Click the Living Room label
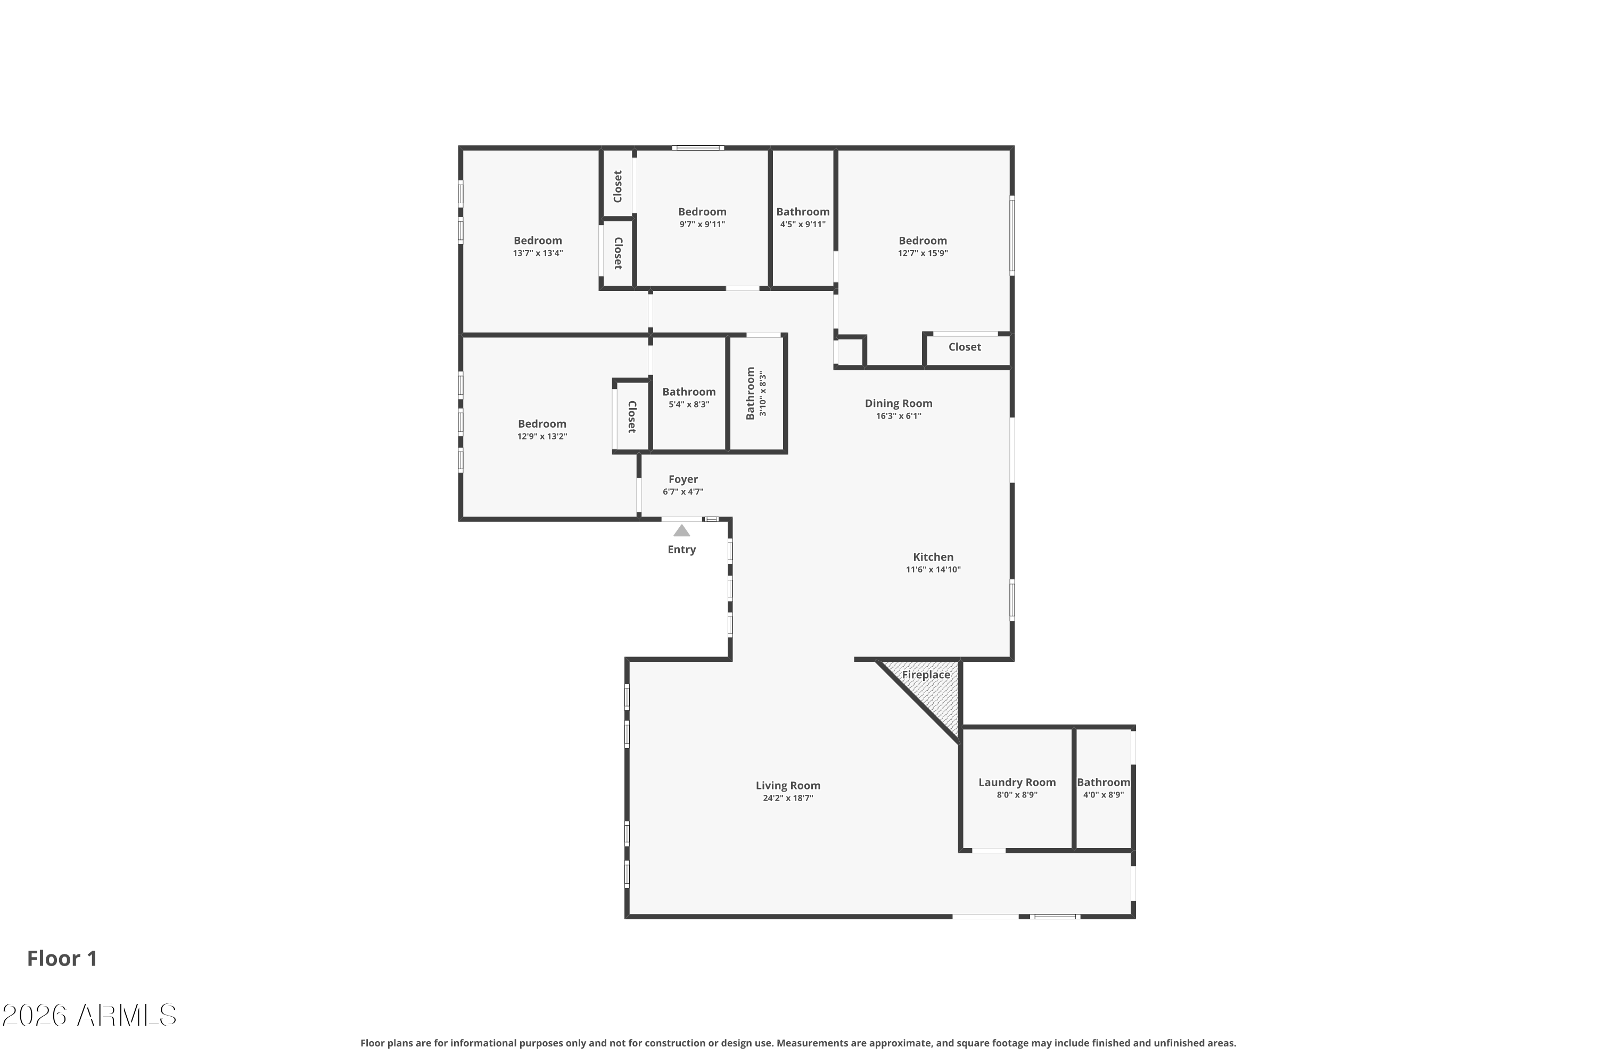click(788, 785)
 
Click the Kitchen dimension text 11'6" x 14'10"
click(933, 569)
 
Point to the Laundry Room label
click(1016, 783)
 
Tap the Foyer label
click(683, 479)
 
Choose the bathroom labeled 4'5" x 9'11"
click(803, 217)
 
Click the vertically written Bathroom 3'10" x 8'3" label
click(756, 393)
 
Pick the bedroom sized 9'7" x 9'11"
click(702, 217)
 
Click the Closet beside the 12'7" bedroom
click(964, 347)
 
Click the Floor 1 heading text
click(62, 958)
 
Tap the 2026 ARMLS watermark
click(89, 1015)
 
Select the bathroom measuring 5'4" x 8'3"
click(688, 397)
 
